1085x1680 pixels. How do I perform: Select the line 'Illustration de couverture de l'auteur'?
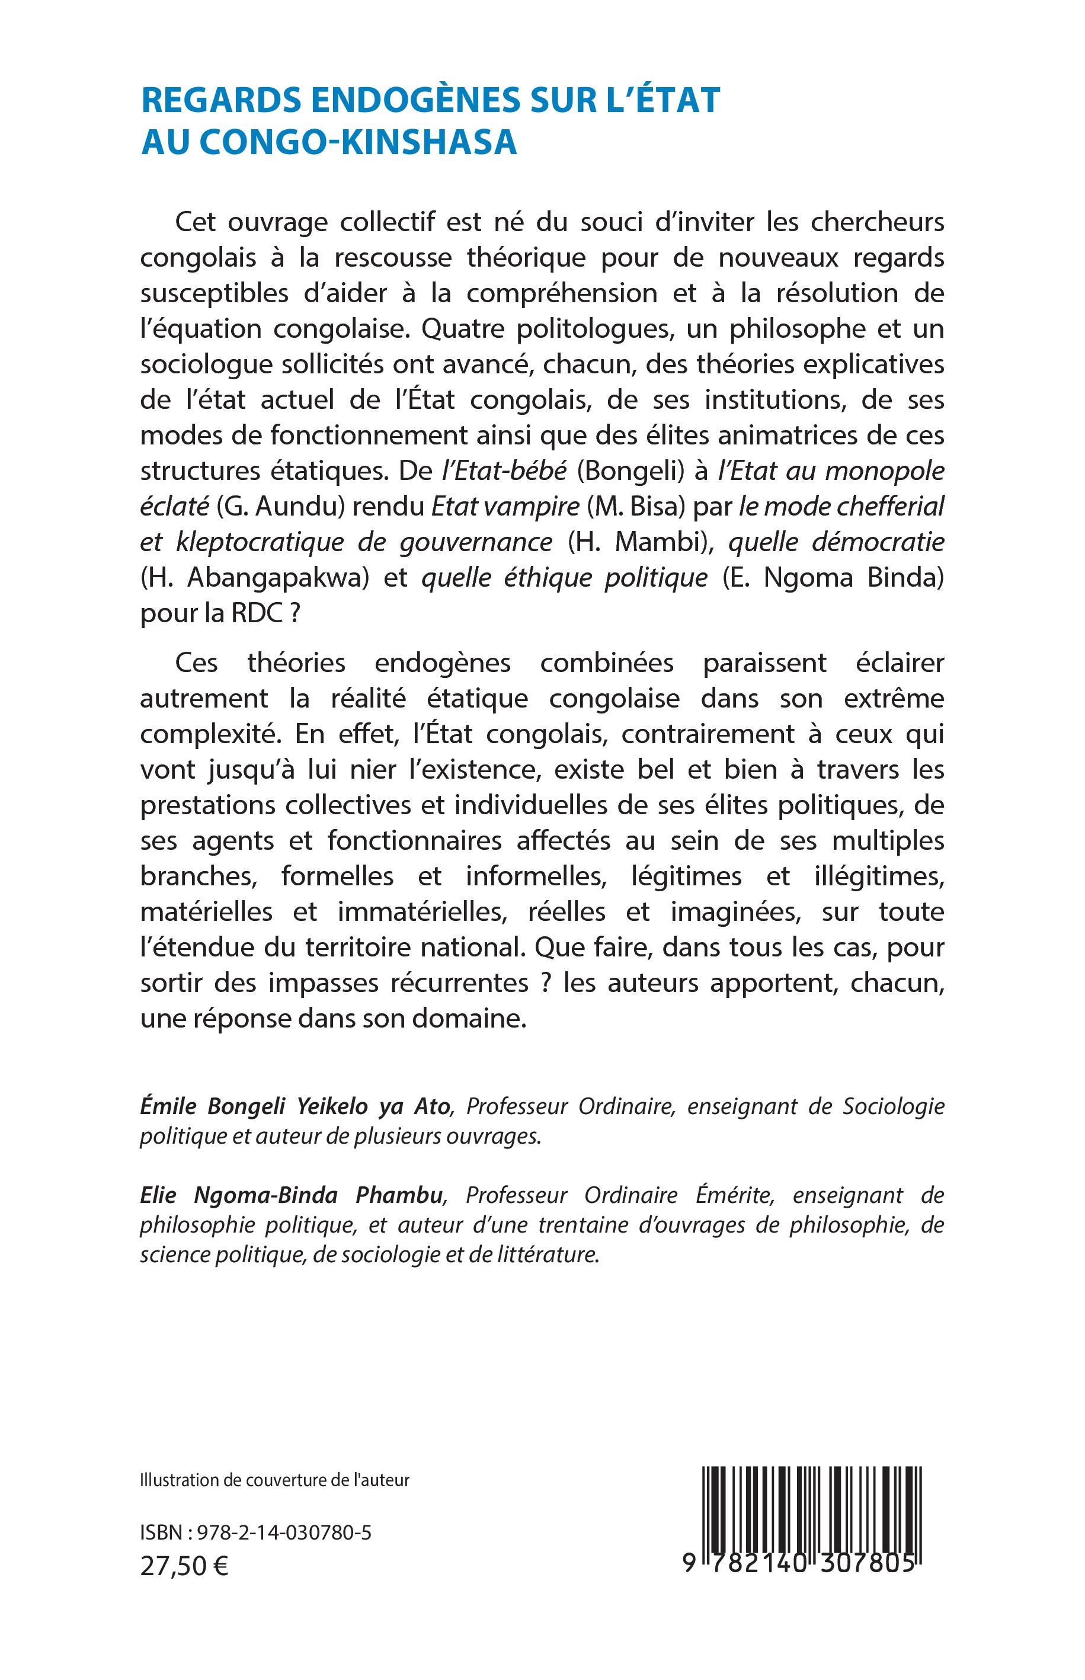coord(275,1480)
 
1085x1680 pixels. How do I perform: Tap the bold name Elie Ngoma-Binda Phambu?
coord(292,1195)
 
